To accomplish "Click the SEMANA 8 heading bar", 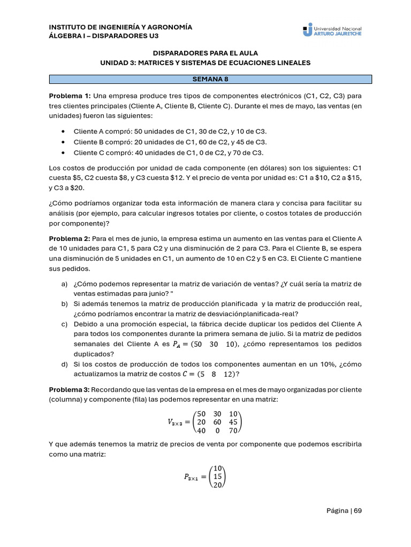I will pos(210,79).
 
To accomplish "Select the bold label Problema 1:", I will pos(70,96).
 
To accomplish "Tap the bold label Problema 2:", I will pos(70,238).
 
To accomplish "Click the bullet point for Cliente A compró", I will pos(64,131).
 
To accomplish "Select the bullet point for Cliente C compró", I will pos(64,152).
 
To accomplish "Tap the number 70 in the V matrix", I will pos(233,431).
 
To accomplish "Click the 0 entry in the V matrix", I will pos(217,431).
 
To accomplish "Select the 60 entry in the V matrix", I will pos(217,422).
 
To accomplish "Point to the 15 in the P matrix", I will pos(217,476).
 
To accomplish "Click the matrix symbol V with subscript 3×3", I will pos(175,423).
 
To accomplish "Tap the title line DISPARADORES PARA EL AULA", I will pos(205,53).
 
